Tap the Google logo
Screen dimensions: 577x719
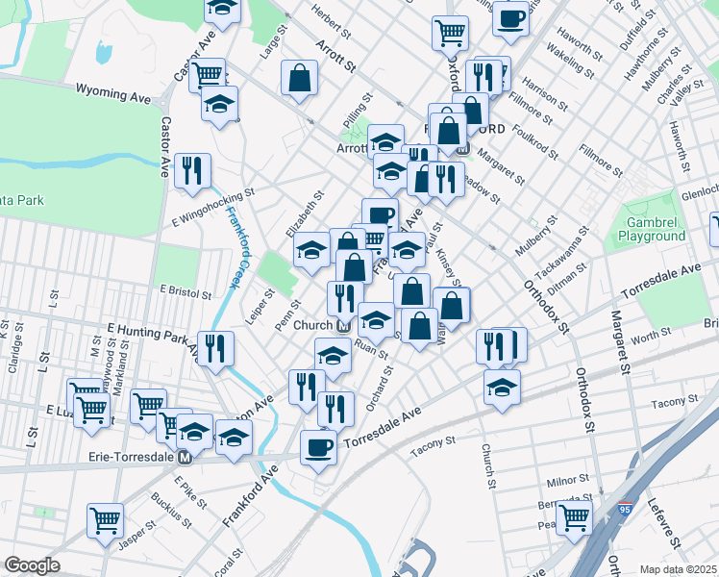click(32, 565)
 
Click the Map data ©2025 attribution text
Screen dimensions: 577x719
click(679, 569)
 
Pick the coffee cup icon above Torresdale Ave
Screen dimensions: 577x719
click(318, 447)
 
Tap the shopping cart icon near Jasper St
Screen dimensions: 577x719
click(106, 520)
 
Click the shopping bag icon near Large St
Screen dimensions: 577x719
click(300, 78)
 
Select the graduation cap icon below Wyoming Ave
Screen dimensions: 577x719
click(220, 103)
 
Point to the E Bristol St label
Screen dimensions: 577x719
click(186, 289)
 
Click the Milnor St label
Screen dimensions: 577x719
click(567, 478)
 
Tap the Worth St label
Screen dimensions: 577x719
click(651, 334)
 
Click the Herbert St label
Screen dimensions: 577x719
click(333, 16)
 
